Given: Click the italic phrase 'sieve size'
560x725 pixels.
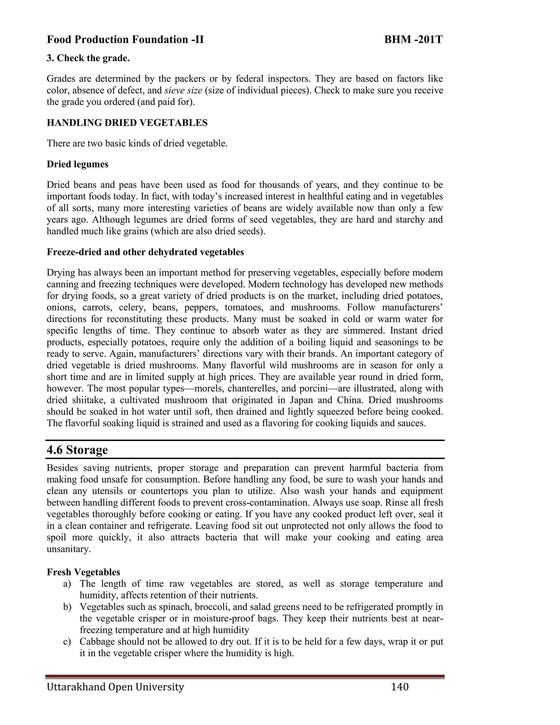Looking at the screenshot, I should (183, 90).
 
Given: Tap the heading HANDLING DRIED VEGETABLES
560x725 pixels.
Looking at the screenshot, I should (127, 123).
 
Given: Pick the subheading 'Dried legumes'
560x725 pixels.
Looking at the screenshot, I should (77, 164).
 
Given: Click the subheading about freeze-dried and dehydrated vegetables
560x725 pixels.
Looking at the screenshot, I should (145, 252).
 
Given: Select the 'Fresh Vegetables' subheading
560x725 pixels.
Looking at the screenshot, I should (83, 572).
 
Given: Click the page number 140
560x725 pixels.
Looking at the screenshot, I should (400, 687).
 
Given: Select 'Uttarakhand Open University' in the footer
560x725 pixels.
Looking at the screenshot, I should (115, 687).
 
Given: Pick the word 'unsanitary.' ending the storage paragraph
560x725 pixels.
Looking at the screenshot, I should (69, 549).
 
